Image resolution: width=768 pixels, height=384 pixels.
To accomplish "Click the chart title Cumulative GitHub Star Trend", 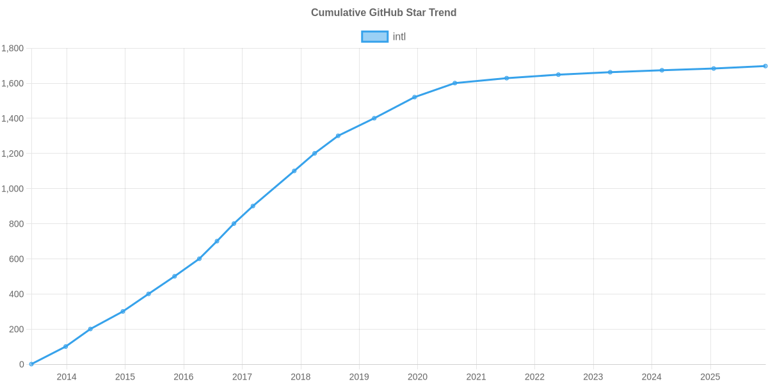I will click(383, 13).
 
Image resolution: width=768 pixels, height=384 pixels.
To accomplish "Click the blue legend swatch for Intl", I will click(374, 36).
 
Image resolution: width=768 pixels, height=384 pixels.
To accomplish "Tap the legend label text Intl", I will click(399, 36).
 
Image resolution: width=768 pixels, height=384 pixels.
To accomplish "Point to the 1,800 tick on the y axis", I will click(13, 49).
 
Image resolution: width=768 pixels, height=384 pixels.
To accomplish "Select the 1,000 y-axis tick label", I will click(13, 189).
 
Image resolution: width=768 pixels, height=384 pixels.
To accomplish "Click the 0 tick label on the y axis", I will click(22, 365).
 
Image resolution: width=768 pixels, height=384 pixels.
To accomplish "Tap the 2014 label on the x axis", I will click(67, 377).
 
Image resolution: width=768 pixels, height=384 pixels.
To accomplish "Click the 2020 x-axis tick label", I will click(417, 377).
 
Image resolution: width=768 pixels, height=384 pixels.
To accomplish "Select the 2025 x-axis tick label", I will click(710, 377).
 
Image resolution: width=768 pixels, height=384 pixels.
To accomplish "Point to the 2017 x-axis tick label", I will click(242, 377).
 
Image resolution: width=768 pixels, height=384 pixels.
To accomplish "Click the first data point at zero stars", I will click(31, 364).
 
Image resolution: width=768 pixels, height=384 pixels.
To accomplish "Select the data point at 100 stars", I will click(65, 347).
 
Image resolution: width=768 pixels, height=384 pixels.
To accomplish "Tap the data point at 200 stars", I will click(90, 329).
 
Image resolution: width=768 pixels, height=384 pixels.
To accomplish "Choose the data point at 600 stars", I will click(199, 259).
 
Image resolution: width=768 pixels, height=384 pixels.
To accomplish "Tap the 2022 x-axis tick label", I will click(534, 377).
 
